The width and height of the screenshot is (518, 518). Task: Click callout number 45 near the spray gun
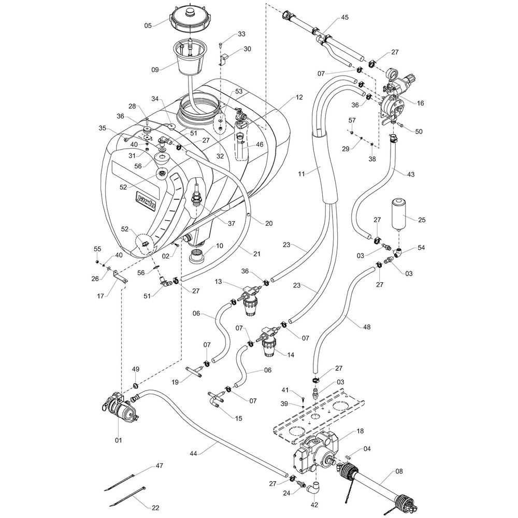(x=345, y=17)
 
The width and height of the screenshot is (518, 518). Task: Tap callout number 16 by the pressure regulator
(x=420, y=104)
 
